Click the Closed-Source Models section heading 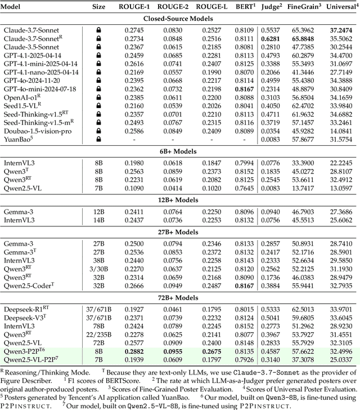(180, 19)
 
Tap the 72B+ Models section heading (180, 298)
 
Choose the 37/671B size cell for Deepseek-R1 (98, 309)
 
